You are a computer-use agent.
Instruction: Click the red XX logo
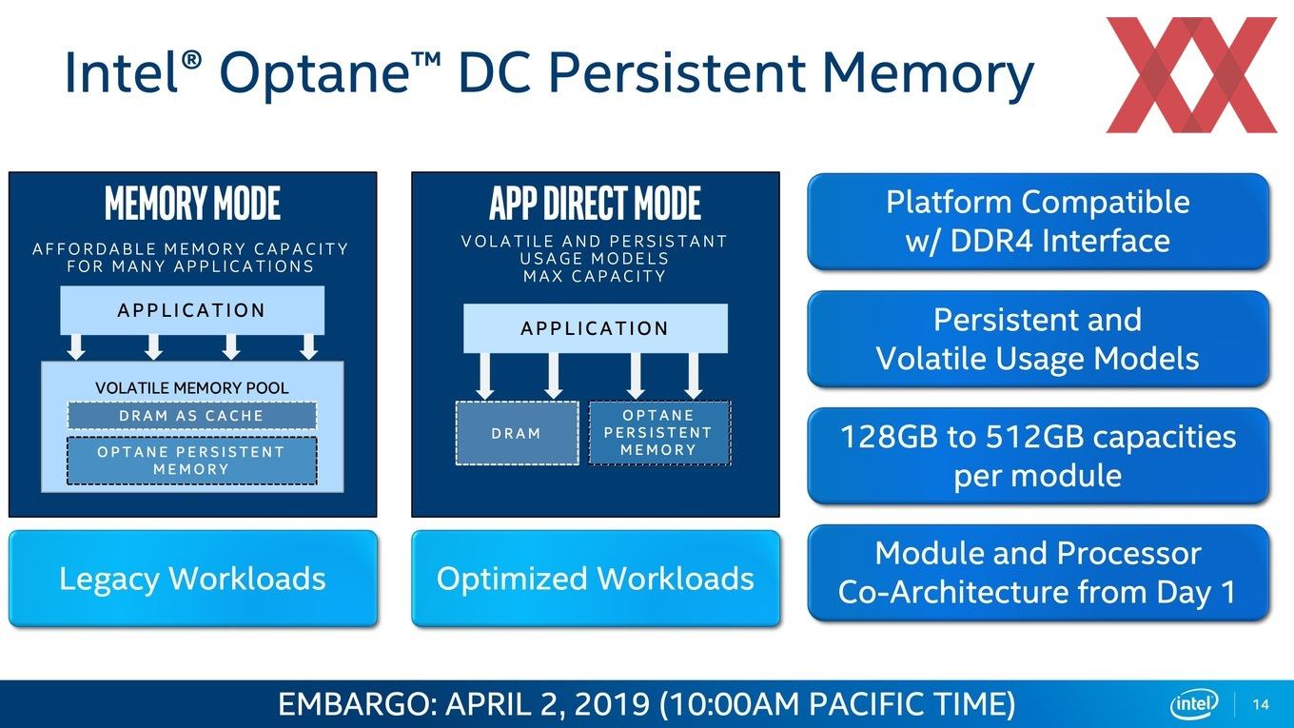pyautogui.click(x=1191, y=74)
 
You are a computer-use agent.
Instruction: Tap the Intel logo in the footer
pyautogui.click(x=1193, y=704)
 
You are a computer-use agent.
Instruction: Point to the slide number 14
pyautogui.click(x=1261, y=704)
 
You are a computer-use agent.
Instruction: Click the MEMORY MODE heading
pyautogui.click(x=192, y=203)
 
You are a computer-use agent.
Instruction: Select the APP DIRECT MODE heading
pyautogui.click(x=595, y=203)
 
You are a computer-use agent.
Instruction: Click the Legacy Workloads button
pyautogui.click(x=193, y=579)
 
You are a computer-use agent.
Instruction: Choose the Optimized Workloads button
pyautogui.click(x=596, y=579)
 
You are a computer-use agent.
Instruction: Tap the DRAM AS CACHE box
pyautogui.click(x=192, y=416)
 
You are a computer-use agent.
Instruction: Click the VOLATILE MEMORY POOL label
pyautogui.click(x=192, y=387)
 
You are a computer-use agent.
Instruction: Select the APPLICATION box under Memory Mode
pyautogui.click(x=192, y=310)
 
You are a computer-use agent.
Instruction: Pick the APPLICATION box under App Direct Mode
pyautogui.click(x=595, y=328)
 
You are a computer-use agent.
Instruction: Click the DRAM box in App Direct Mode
pyautogui.click(x=517, y=433)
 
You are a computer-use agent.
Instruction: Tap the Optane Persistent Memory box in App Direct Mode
pyautogui.click(x=659, y=433)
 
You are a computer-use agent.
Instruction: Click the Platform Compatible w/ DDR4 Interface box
pyautogui.click(x=1038, y=222)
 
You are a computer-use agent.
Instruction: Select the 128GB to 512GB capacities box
pyautogui.click(x=1038, y=455)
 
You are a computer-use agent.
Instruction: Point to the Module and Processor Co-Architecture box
pyautogui.click(x=1038, y=573)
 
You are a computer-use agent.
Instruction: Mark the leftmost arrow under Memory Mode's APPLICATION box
pyautogui.click(x=76, y=346)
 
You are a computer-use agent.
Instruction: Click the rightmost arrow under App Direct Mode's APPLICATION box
pyautogui.click(x=694, y=376)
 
